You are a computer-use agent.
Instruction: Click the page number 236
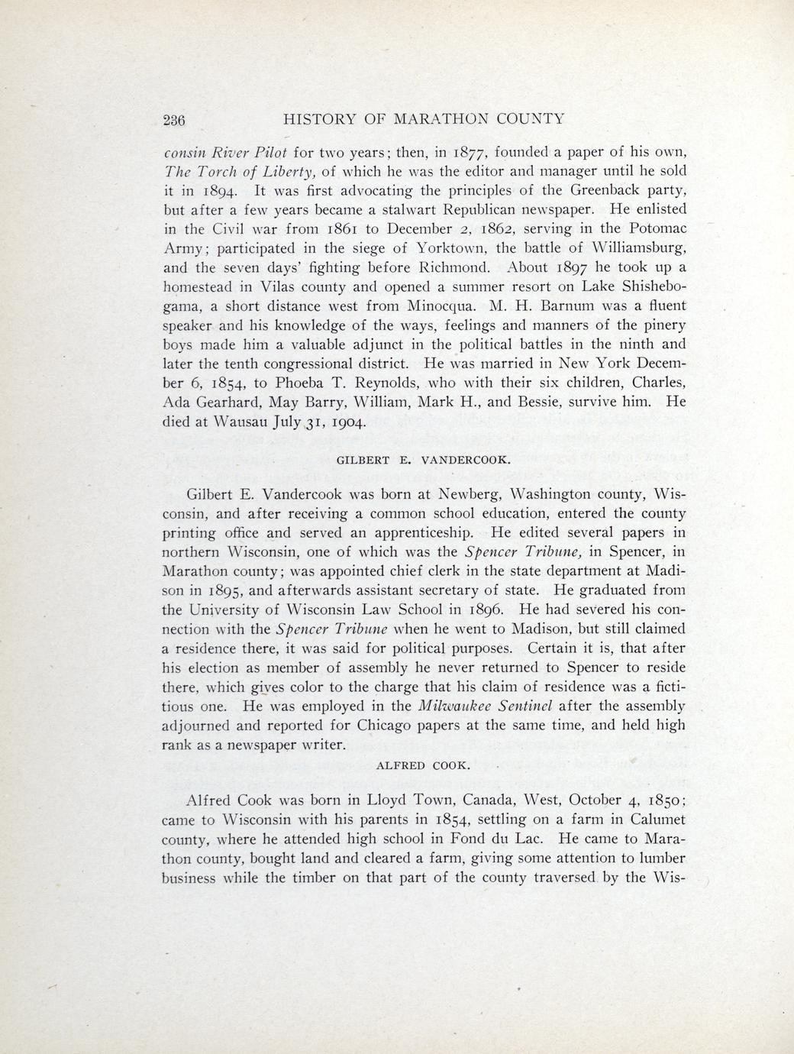point(175,119)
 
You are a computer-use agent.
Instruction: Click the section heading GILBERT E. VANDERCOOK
point(423,461)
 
